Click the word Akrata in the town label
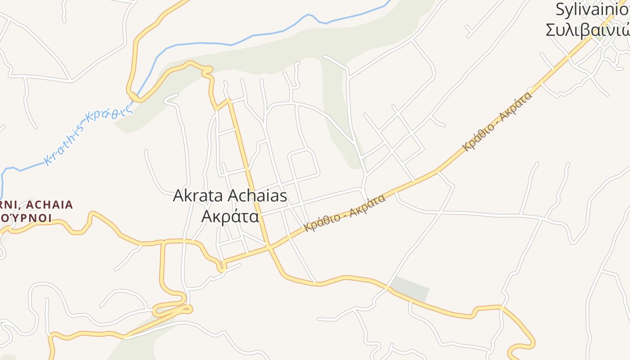coord(198,196)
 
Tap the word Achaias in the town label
coord(258,196)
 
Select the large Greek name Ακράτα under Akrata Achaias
coord(230,216)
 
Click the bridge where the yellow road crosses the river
coord(134,96)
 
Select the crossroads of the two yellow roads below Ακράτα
coord(269,247)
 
